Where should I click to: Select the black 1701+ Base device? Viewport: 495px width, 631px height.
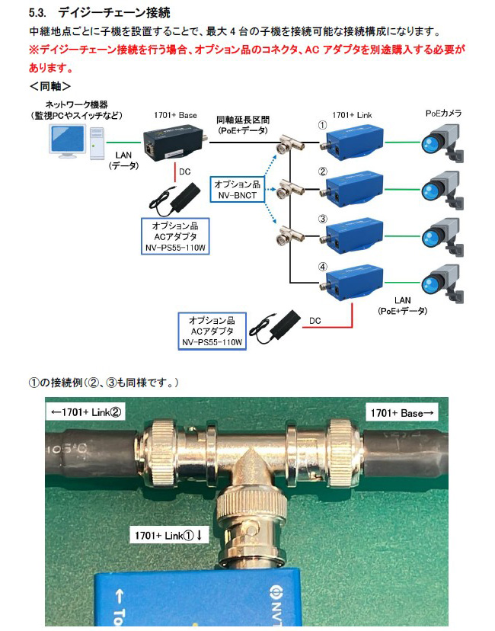[174, 140]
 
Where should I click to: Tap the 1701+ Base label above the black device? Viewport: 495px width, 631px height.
[174, 115]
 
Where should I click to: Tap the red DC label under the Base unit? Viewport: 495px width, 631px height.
[184, 172]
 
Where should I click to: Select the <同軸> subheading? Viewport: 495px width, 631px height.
[51, 85]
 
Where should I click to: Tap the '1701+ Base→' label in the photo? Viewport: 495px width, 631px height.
[402, 413]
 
